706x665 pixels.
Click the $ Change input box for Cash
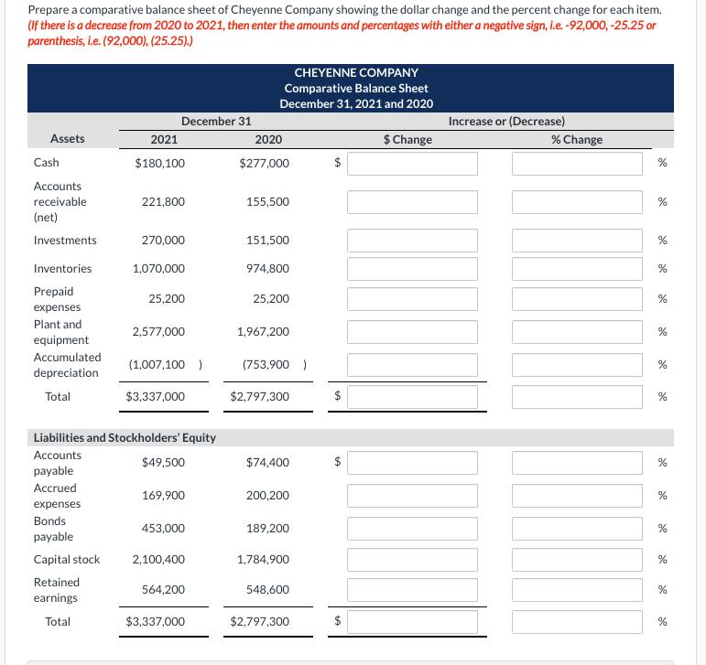coord(412,163)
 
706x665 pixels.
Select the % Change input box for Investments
coord(577,241)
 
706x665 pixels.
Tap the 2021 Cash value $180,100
coord(159,163)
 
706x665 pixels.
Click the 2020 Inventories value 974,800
coord(267,269)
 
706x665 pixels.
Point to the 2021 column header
coord(164,139)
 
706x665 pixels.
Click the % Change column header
coord(577,139)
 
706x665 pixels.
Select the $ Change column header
coord(407,139)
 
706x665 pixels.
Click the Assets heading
coord(68,139)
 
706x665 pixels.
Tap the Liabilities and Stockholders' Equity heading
coord(125,437)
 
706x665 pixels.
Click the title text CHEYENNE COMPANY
coord(356,72)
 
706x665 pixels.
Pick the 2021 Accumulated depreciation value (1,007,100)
coord(159,365)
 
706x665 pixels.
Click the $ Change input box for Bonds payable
coord(412,529)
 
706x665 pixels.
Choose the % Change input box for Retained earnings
coord(577,590)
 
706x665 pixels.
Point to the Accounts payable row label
coord(57,463)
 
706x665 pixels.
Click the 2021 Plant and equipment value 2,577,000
coord(158,332)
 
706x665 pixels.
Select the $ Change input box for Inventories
coord(412,269)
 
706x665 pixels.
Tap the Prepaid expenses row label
coord(57,299)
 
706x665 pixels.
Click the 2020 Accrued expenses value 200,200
coord(267,496)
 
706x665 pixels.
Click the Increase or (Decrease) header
coord(506,121)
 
